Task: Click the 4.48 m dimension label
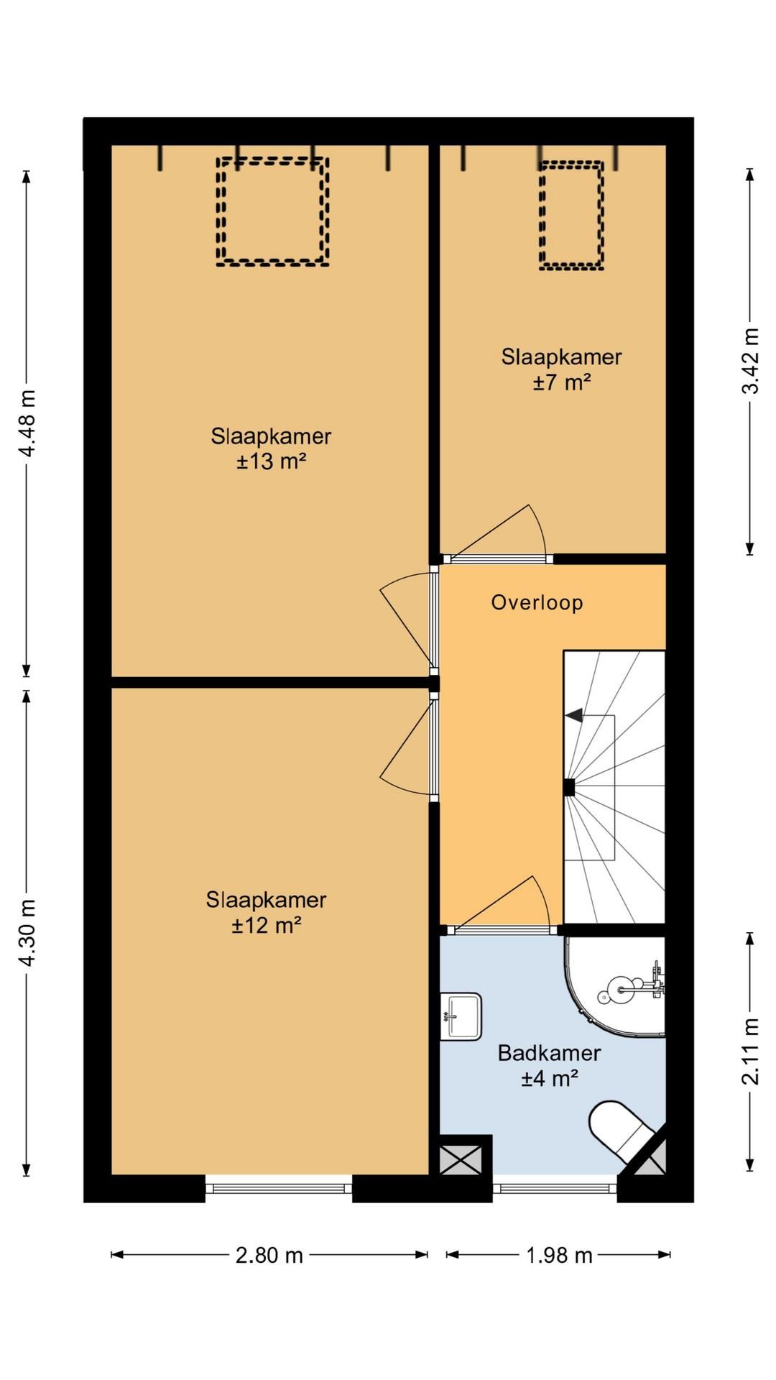27,423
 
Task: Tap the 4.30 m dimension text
27,933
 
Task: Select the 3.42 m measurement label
750,361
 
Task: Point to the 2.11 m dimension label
750,1052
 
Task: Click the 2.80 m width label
269,1255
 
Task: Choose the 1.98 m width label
559,1255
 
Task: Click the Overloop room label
537,602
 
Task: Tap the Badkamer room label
549,1053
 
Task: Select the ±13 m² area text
272,461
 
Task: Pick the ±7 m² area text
562,382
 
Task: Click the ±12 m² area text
266,924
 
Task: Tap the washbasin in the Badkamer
461,1016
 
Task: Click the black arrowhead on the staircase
574,715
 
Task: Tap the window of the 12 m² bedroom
279,1188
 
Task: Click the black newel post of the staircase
569,788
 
